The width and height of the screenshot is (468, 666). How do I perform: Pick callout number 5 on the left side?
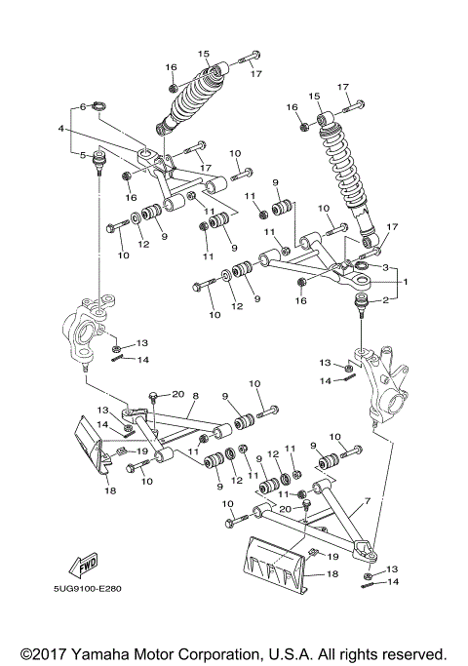pos(84,155)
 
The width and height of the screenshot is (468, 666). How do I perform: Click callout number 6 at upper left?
pos(84,106)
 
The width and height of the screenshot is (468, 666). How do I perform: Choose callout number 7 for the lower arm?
pos(367,500)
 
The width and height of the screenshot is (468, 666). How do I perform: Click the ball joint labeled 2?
pos(362,309)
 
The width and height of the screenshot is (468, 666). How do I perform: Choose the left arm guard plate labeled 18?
pos(97,444)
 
